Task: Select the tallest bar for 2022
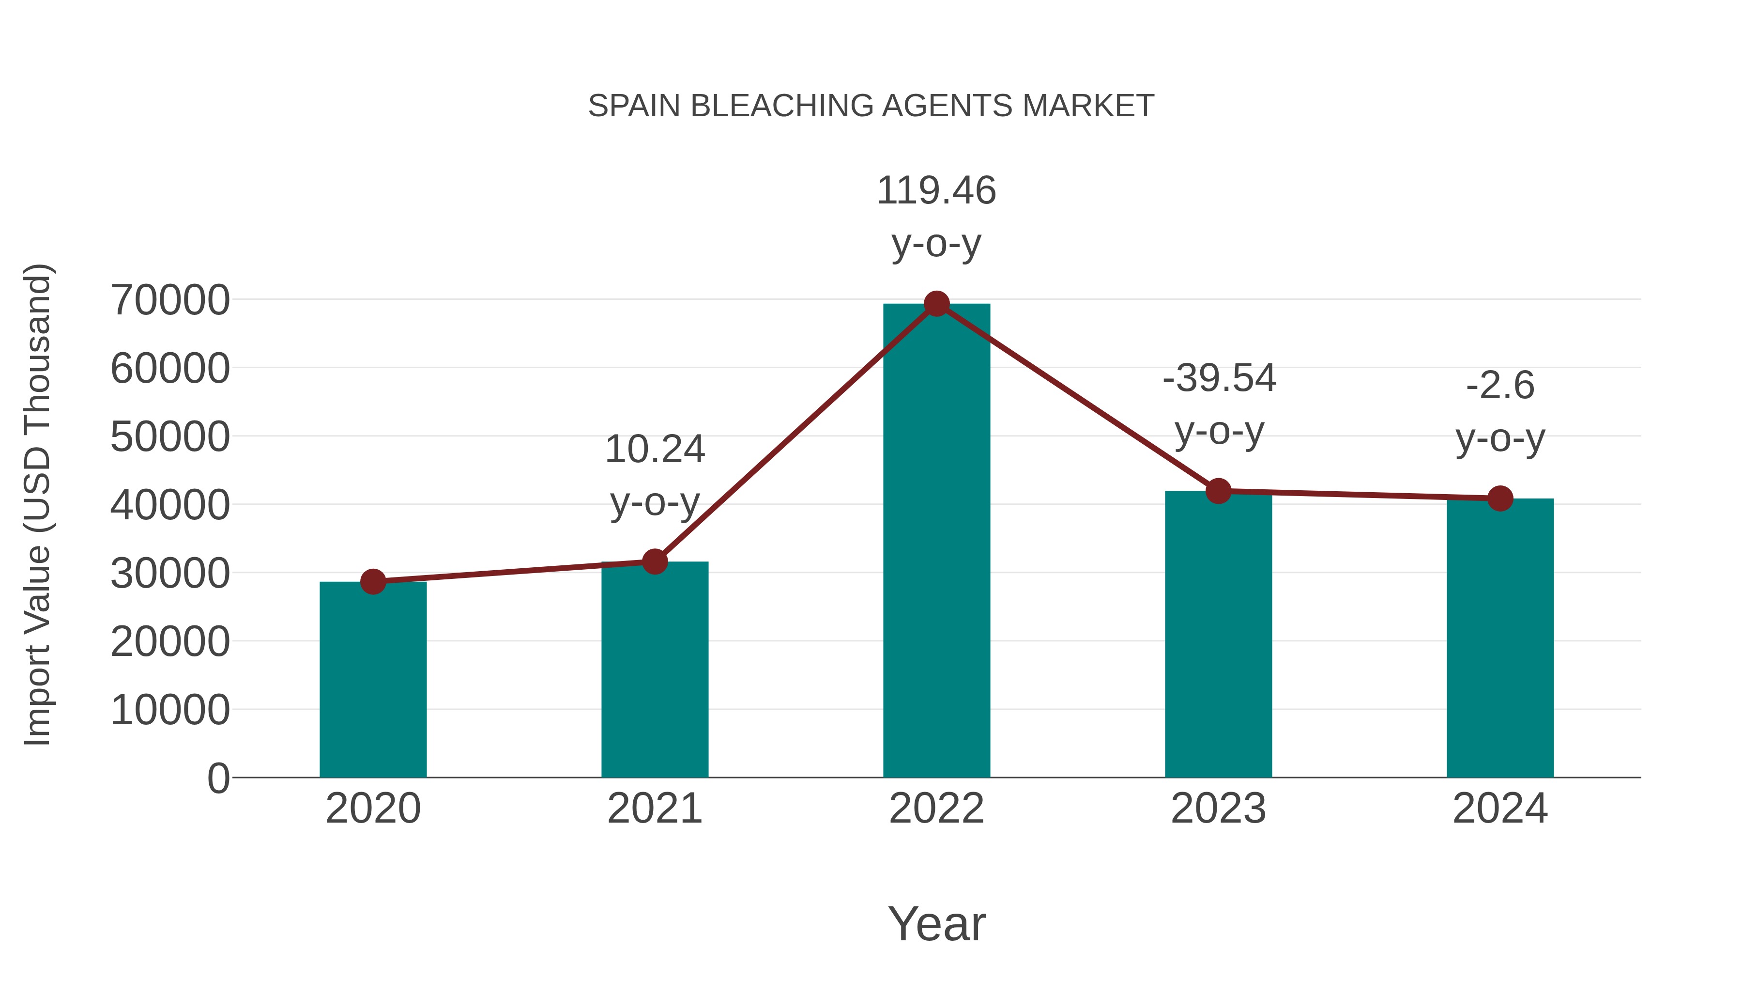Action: (936, 542)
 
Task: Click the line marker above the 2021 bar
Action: (654, 561)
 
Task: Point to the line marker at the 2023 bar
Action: (1218, 491)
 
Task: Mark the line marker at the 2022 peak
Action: (936, 304)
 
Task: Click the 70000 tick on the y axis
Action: (170, 300)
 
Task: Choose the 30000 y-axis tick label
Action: (170, 574)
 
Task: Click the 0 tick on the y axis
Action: (218, 778)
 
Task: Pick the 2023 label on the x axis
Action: (1218, 809)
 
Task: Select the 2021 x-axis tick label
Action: (654, 809)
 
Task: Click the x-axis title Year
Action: (936, 923)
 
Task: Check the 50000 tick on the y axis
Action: (170, 436)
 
